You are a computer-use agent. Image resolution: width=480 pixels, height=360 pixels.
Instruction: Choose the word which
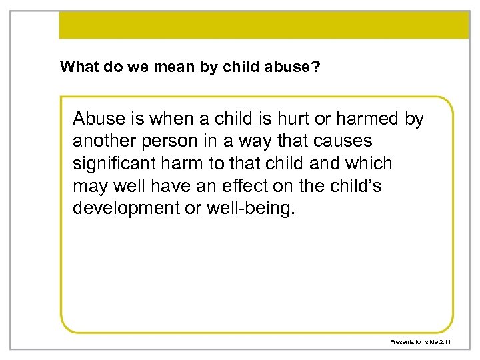(369, 163)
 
